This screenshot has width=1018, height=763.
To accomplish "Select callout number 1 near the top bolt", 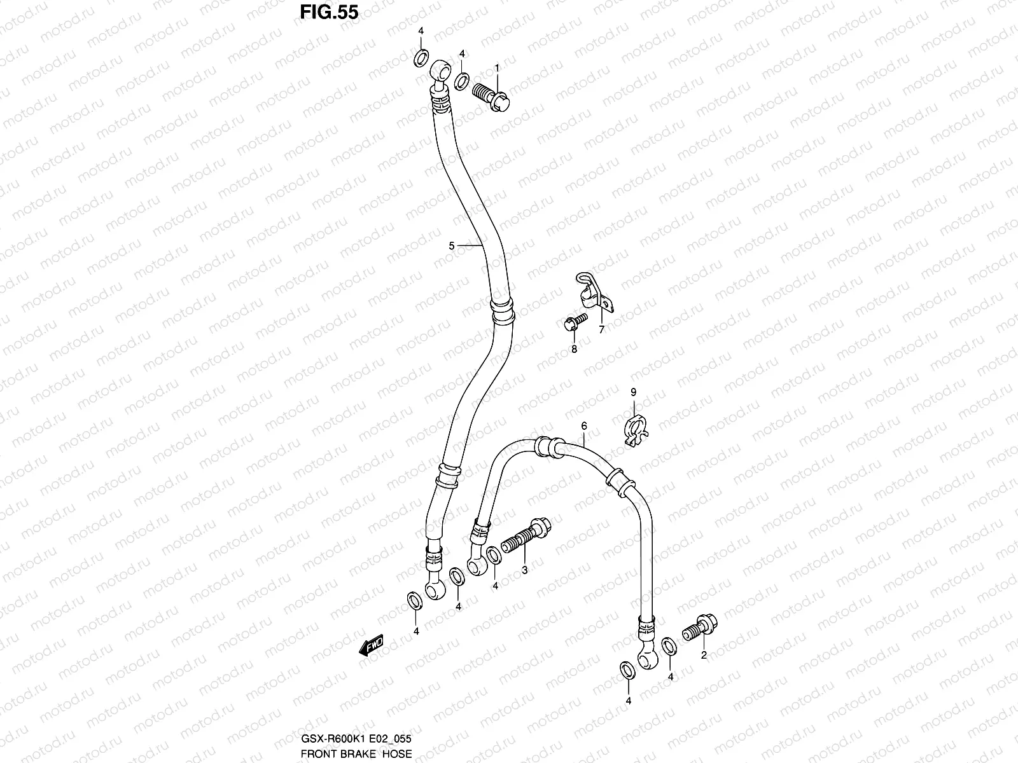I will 497,67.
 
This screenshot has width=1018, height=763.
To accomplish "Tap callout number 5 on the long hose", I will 452,245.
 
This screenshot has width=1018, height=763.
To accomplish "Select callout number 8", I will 573,348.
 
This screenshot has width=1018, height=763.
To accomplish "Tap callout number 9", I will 633,393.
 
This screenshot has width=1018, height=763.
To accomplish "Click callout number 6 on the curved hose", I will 583,425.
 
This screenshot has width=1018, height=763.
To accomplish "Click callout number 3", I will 524,570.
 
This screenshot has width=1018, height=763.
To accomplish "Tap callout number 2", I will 704,655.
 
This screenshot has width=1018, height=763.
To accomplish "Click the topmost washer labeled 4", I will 421,59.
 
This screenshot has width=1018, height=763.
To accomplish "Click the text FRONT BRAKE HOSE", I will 357,753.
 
